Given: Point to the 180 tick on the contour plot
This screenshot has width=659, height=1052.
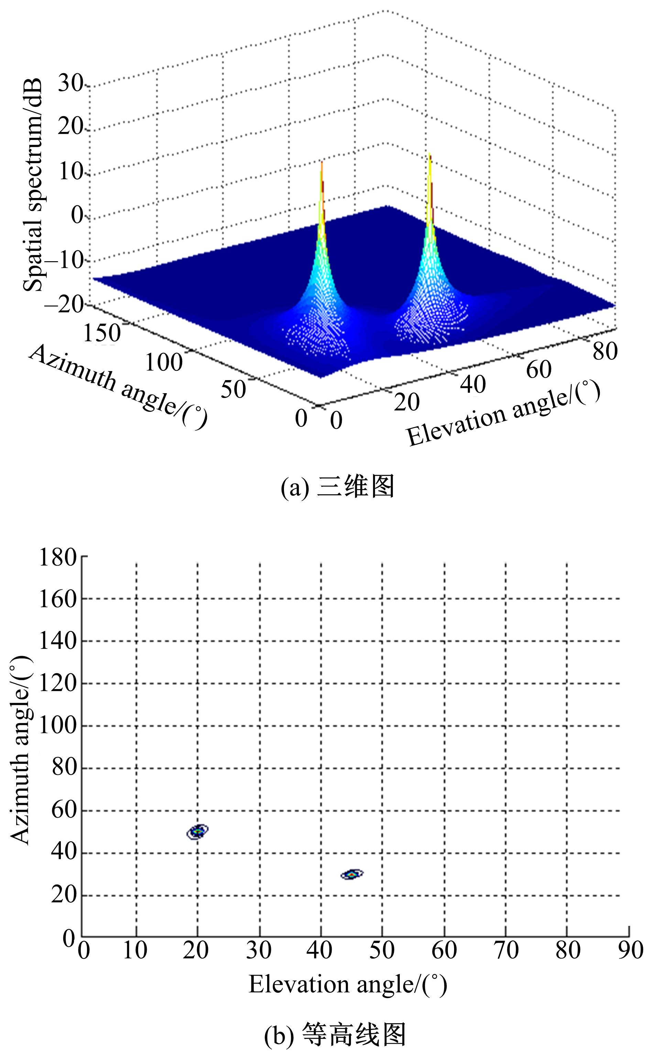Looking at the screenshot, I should click(58, 557).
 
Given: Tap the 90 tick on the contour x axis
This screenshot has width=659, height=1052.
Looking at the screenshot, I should click(630, 950).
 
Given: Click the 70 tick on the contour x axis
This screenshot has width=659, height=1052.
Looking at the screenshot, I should click(506, 950).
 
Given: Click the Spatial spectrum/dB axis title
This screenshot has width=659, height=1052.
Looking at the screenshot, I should click(33, 185).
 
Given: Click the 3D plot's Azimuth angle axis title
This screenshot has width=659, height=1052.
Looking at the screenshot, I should click(118, 386).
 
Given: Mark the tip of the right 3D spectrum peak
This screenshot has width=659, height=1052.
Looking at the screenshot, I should click(429, 154).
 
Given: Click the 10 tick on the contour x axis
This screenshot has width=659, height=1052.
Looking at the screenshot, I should click(135, 950).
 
